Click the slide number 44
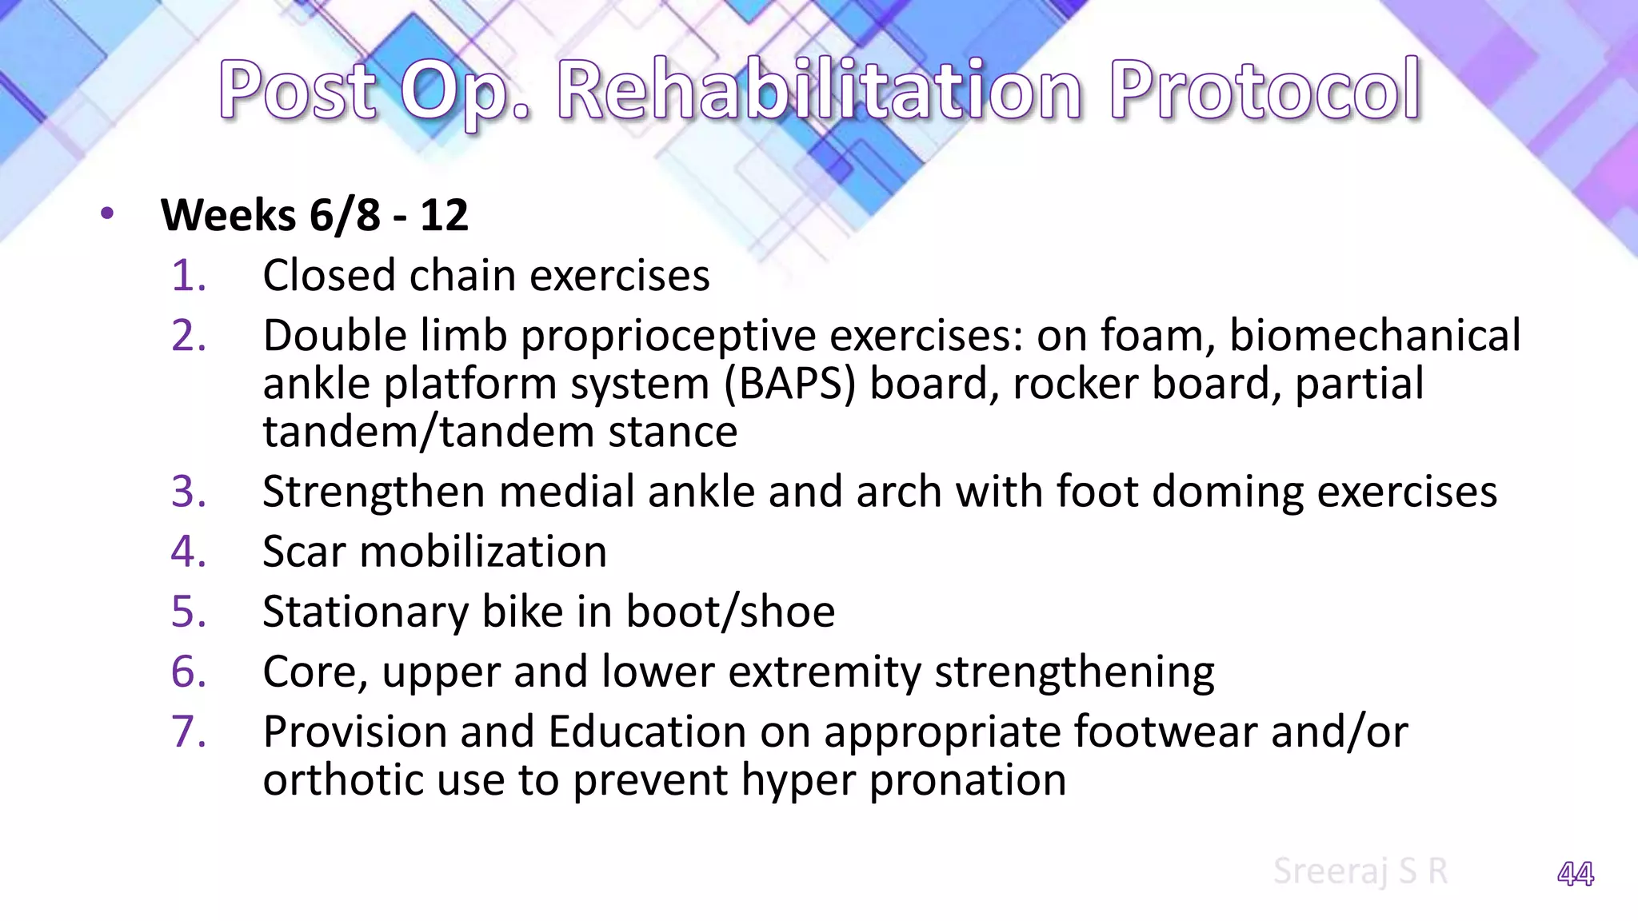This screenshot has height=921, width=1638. point(1575,874)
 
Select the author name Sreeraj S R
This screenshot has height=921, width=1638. point(1360,871)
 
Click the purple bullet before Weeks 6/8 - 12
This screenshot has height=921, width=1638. point(108,214)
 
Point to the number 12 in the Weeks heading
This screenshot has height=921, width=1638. point(444,215)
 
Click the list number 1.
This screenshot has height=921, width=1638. point(189,276)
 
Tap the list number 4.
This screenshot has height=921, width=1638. point(189,552)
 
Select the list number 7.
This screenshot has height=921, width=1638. point(189,732)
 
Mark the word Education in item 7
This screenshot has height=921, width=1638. point(647,732)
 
